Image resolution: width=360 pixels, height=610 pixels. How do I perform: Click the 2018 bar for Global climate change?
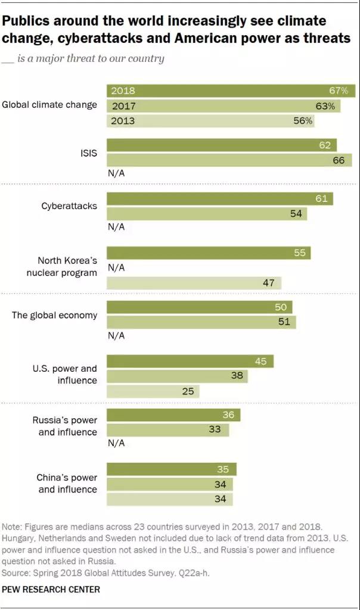[231, 91]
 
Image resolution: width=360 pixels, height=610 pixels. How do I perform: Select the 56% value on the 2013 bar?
[303, 120]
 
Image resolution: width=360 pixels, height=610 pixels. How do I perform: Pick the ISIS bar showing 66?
[229, 160]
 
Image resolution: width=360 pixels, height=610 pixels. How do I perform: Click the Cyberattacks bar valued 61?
[219, 198]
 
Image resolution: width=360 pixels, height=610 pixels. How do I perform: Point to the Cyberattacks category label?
[69, 206]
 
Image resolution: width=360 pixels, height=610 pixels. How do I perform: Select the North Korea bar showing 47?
[194, 283]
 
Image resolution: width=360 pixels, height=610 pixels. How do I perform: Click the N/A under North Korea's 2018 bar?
[116, 268]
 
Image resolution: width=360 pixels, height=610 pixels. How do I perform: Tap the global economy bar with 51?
[201, 322]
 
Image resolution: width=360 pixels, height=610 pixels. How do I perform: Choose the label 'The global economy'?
[54, 315]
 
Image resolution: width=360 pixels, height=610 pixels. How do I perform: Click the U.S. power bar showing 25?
[153, 391]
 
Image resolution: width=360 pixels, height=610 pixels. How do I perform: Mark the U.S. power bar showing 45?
[190, 361]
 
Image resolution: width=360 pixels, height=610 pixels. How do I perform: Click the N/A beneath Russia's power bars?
[116, 443]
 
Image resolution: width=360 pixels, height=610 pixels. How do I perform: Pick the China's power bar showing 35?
[171, 469]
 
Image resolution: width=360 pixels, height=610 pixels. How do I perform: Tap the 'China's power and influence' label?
[67, 483]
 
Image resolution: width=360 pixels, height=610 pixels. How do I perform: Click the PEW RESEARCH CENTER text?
[51, 589]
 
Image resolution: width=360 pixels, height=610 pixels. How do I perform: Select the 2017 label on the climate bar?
[123, 106]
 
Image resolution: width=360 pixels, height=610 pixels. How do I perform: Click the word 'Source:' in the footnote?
[18, 572]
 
